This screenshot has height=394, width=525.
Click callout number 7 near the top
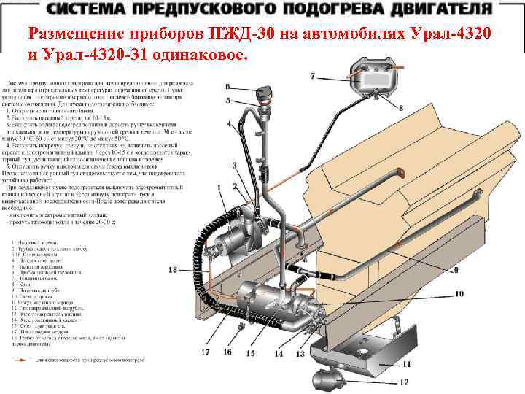[312, 76]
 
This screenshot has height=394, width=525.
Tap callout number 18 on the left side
[172, 270]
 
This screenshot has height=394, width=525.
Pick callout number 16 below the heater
[227, 352]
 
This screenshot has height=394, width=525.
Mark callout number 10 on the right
[459, 294]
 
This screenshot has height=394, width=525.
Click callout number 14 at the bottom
[279, 354]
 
